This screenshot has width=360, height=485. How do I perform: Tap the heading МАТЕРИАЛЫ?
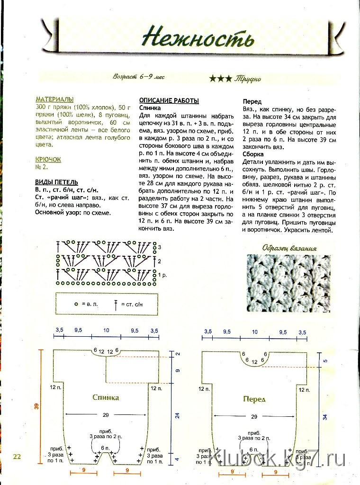point(54,99)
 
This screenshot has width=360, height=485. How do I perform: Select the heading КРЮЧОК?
point(48,160)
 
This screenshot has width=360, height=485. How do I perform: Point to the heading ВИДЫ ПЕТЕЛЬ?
point(56,182)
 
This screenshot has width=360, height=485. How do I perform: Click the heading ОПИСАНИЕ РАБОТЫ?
point(169,101)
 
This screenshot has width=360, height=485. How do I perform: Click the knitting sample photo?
point(288,283)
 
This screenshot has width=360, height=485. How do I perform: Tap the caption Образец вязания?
point(288,248)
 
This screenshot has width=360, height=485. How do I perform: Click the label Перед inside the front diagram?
point(254,399)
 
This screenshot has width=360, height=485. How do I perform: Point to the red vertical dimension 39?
point(36,406)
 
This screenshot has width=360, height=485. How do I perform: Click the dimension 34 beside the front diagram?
point(325,417)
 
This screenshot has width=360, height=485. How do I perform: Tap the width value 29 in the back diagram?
point(106,415)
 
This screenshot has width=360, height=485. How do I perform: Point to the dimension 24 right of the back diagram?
point(177,416)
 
